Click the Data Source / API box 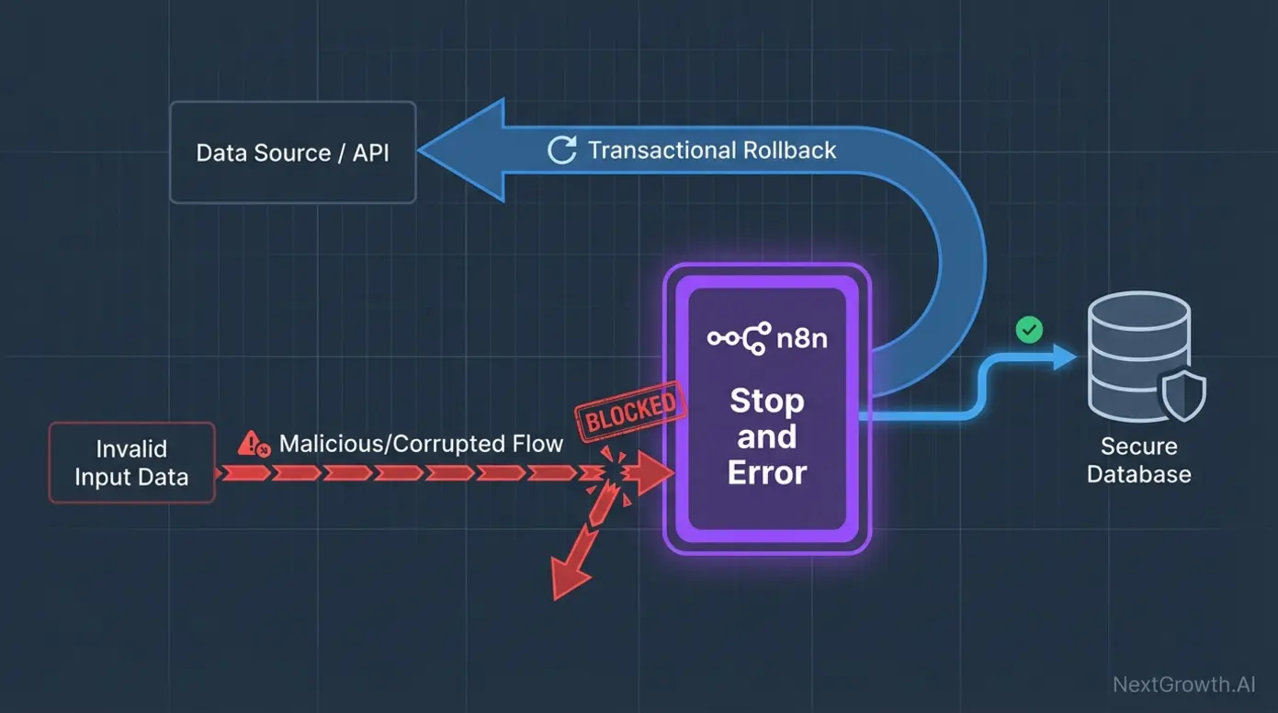[293, 153]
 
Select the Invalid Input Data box [131, 463]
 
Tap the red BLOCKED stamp [630, 408]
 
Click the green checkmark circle [1029, 330]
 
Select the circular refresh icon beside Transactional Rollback [561, 151]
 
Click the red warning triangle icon [251, 445]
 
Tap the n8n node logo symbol [738, 339]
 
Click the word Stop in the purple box [766, 402]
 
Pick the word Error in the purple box [766, 472]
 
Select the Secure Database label [1138, 460]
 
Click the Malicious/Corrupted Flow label [421, 444]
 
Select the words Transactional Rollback [712, 151]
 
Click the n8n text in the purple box [801, 339]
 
